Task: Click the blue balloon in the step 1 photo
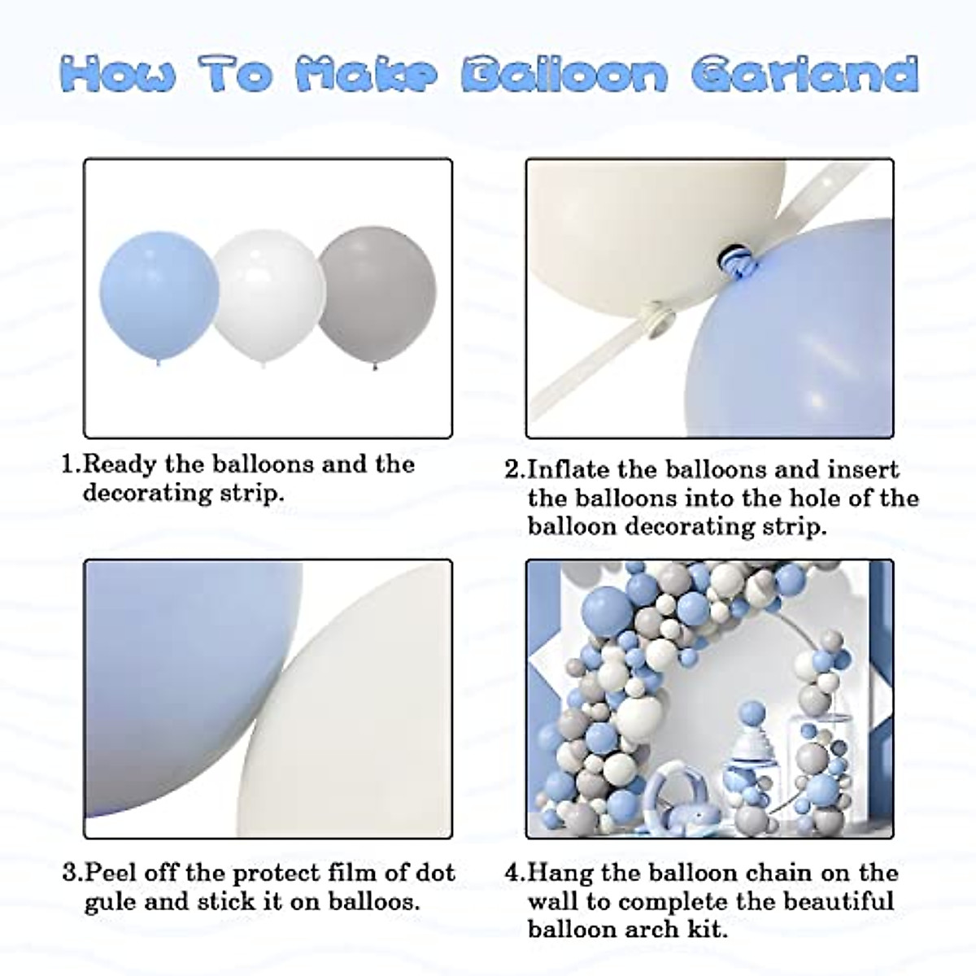click(156, 303)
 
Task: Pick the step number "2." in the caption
click(515, 470)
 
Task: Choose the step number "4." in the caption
click(515, 874)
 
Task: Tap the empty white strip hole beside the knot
click(655, 311)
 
